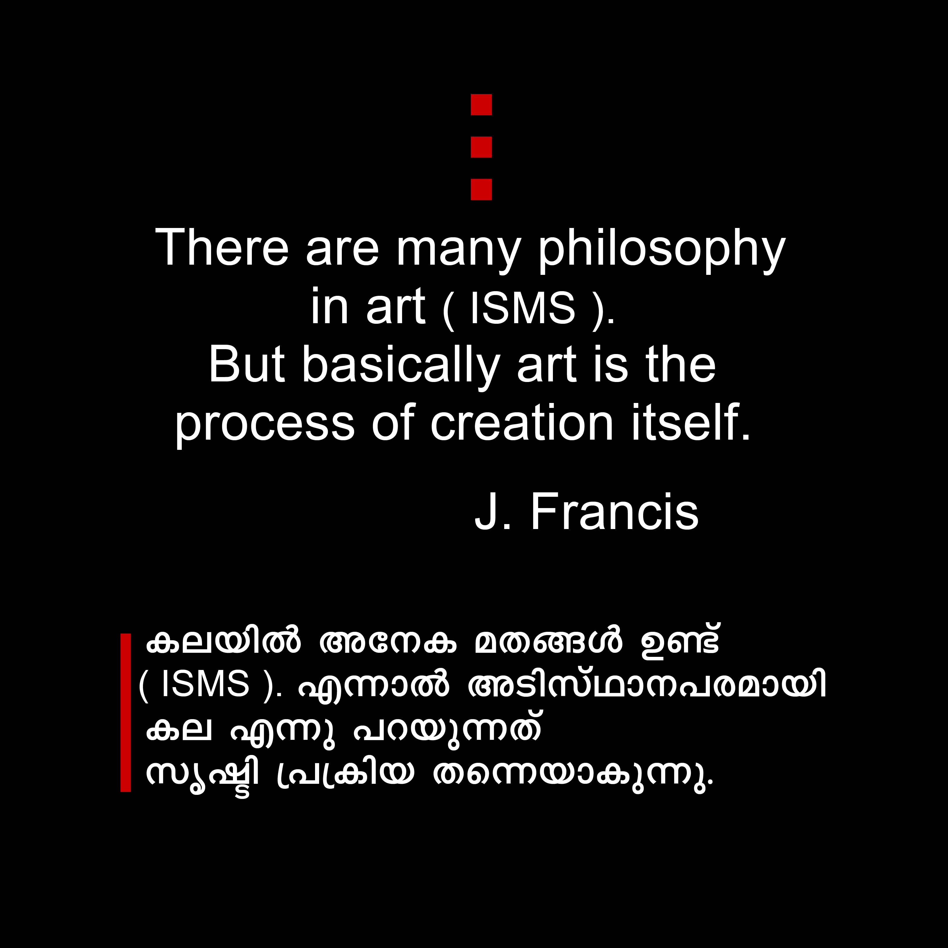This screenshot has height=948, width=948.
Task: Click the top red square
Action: (481, 105)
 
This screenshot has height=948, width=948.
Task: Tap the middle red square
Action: (481, 147)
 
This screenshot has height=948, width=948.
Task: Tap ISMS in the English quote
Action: (522, 308)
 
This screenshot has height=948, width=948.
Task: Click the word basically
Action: (400, 366)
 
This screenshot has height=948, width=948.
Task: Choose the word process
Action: (264, 425)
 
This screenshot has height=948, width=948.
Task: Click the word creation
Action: (521, 422)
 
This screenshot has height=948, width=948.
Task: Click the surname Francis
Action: (614, 512)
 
